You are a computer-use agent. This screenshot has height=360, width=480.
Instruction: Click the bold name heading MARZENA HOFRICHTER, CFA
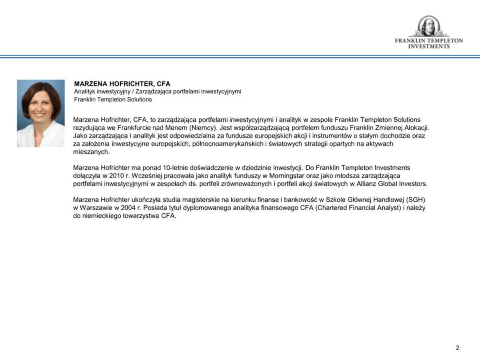click(x=122, y=84)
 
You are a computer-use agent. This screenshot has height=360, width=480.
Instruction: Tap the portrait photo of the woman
click(x=41, y=113)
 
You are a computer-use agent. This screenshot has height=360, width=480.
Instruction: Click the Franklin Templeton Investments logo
click(x=428, y=32)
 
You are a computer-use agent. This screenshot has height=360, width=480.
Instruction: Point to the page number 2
click(x=457, y=347)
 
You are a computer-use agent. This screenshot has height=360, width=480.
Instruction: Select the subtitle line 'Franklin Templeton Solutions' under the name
click(x=113, y=100)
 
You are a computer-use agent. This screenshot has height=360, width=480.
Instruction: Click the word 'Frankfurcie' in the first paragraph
click(x=135, y=128)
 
